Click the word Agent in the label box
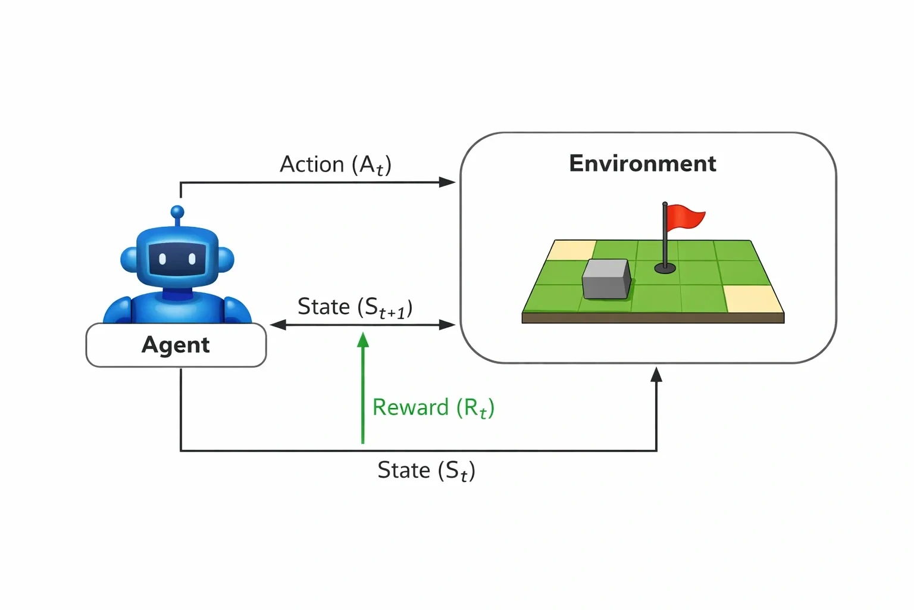click(176, 346)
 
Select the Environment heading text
click(643, 163)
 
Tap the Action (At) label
click(336, 165)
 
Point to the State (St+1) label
click(355, 307)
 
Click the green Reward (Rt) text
click(433, 408)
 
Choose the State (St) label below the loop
click(427, 471)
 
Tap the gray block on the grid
click(606, 279)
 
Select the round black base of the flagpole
click(665, 268)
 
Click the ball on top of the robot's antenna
click(177, 212)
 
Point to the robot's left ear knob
click(129, 260)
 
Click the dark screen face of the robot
click(177, 260)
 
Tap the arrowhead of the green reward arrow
click(363, 340)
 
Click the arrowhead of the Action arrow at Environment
click(447, 182)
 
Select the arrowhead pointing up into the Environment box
click(656, 375)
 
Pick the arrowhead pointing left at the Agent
click(278, 325)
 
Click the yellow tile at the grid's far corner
click(571, 250)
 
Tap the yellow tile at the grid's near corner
click(753, 299)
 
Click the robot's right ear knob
click(226, 260)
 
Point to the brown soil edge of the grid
click(653, 318)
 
